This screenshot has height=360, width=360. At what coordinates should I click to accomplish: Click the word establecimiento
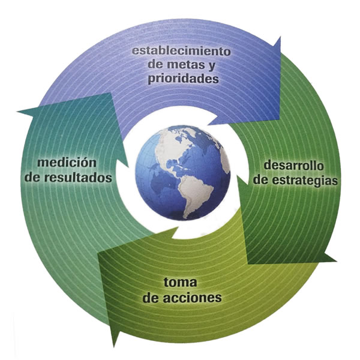click(x=181, y=51)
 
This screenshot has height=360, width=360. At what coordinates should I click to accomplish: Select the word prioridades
click(x=183, y=79)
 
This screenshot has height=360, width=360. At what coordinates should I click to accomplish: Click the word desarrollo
click(x=293, y=166)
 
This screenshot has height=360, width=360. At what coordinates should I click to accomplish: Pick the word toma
click(x=180, y=283)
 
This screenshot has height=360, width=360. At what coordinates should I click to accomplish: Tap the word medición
click(x=67, y=163)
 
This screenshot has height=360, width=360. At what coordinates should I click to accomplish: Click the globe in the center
click(x=183, y=173)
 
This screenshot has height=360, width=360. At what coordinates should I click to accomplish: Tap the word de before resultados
click(x=32, y=178)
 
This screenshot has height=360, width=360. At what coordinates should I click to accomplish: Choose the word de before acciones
click(x=151, y=298)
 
